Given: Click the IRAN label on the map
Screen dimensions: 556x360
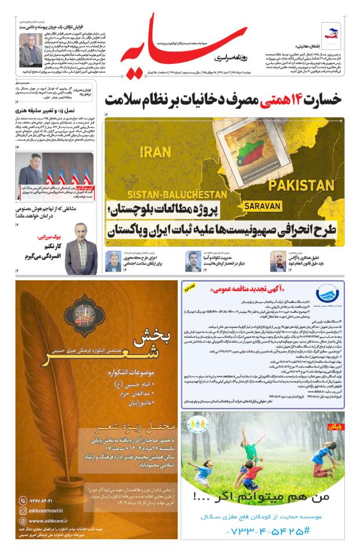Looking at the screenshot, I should (156, 152).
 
